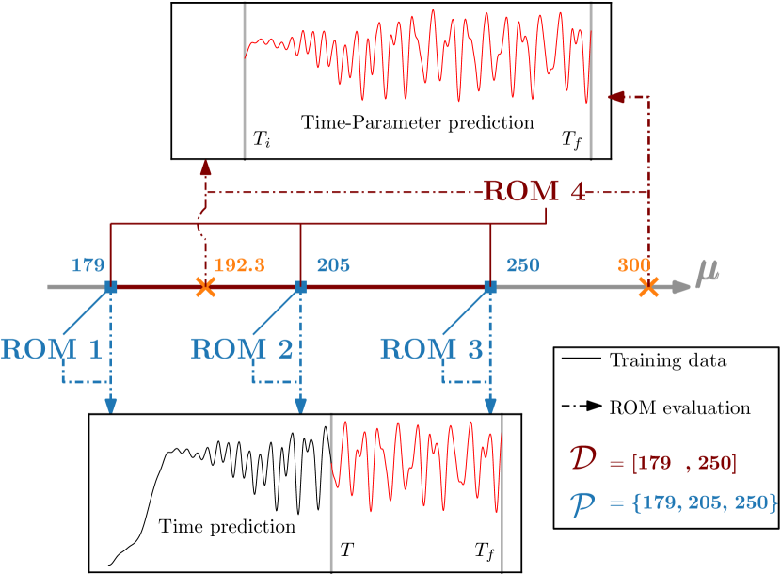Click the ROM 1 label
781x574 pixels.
[51, 350]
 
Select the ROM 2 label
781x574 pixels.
[242, 350]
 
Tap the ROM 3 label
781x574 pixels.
[431, 350]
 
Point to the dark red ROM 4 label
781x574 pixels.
[534, 192]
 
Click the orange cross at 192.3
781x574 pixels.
[204, 288]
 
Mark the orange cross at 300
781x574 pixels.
[647, 288]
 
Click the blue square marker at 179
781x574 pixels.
[111, 287]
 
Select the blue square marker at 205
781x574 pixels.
[300, 287]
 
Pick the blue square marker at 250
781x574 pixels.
[490, 287]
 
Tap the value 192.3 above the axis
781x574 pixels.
[239, 265]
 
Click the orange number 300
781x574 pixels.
[635, 265]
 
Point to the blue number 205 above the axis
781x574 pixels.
[333, 265]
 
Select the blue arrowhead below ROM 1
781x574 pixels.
[111, 405]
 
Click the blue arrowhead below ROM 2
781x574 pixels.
[300, 405]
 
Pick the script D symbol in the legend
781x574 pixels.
[582, 460]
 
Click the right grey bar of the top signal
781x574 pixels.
[591, 80]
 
